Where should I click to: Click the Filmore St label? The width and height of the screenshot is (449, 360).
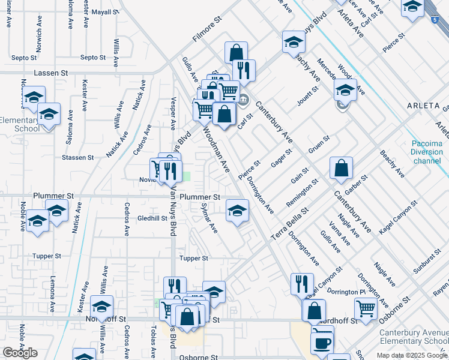(207, 37)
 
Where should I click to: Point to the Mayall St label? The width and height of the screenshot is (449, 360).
(106, 11)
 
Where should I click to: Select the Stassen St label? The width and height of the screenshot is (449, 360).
(77, 157)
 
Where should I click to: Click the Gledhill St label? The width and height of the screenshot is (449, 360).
(152, 218)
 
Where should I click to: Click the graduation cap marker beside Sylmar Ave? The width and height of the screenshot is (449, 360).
(237, 211)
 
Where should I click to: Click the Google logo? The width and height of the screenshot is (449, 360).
(20, 353)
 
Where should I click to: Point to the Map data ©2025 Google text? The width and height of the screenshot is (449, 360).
(412, 355)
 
